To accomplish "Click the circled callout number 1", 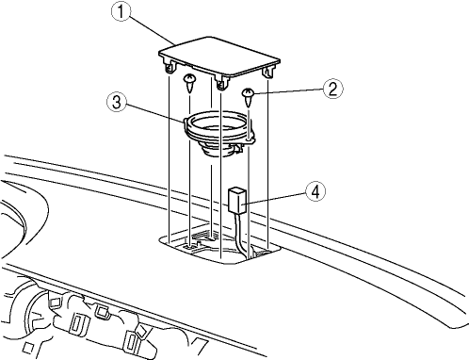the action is (x=121, y=11).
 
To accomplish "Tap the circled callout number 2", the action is (x=333, y=89).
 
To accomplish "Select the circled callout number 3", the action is (x=117, y=102).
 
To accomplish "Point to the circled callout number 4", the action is (x=315, y=191).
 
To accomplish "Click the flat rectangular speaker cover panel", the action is (x=219, y=57).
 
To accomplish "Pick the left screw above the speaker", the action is (x=189, y=83).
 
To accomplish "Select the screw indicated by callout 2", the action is (x=248, y=97).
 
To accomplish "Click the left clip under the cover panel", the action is (x=170, y=66).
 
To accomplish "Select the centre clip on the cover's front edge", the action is (x=221, y=82).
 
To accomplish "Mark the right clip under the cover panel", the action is (x=268, y=72).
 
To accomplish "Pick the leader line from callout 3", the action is (x=154, y=112).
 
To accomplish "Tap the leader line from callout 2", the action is (x=288, y=91).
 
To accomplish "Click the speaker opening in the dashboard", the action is (x=219, y=246).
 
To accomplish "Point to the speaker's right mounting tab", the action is (x=248, y=141).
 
